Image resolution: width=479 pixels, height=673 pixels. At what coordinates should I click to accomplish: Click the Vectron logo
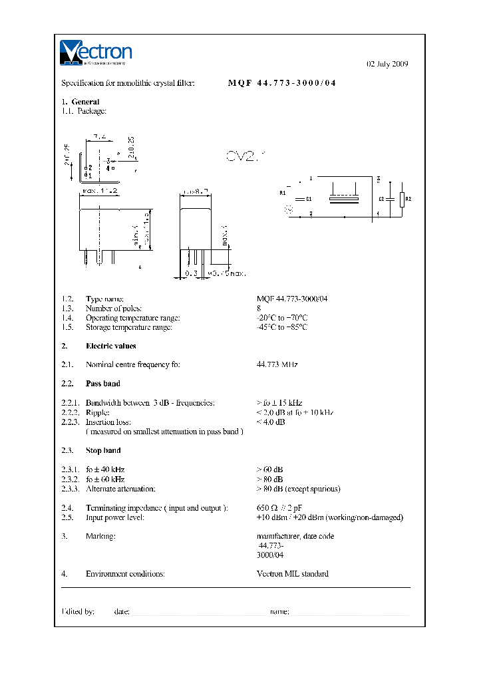[x=96, y=53]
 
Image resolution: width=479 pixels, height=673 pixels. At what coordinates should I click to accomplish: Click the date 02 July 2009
[x=387, y=65]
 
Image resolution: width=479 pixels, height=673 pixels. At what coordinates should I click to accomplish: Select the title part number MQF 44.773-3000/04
[x=282, y=84]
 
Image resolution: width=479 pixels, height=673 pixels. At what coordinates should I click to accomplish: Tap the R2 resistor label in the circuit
[x=408, y=199]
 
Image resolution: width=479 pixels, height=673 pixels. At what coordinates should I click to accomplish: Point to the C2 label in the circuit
[x=381, y=199]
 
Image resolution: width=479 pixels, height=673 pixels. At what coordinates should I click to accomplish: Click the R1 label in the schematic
[x=283, y=193]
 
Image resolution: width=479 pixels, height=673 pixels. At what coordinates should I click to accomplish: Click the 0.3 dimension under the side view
[x=191, y=273]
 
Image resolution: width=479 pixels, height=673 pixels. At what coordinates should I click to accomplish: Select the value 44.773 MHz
[x=277, y=365]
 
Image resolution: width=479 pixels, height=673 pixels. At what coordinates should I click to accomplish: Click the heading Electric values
[x=110, y=346]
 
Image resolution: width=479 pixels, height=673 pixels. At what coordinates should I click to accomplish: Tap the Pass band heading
[x=103, y=384]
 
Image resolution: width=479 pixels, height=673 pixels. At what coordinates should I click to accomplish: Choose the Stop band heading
[x=103, y=451]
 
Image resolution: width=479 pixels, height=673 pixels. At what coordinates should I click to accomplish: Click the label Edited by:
[x=78, y=611]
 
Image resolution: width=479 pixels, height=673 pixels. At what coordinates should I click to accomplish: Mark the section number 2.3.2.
[x=70, y=479]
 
